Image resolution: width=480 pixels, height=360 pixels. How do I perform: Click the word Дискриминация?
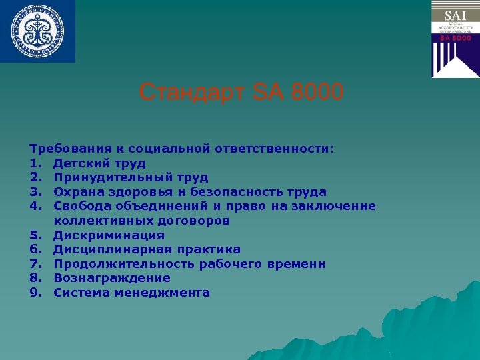click(x=109, y=235)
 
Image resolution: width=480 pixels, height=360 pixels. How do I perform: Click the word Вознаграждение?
click(x=112, y=278)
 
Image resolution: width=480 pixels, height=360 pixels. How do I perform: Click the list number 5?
click(x=35, y=235)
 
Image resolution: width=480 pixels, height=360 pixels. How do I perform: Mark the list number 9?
click(x=35, y=293)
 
